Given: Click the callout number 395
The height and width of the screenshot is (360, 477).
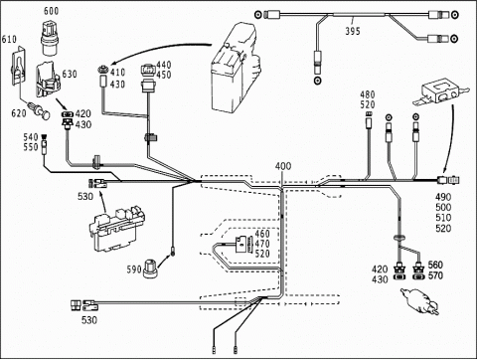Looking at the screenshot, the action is tap(353, 31).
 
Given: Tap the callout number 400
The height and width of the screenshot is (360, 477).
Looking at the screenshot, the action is tap(283, 166).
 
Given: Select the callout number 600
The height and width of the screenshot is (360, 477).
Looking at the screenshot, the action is tap(52, 11).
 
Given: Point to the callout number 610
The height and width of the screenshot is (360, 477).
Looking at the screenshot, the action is tap(9, 40).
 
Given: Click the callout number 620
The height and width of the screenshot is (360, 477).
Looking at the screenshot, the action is tap(19, 113).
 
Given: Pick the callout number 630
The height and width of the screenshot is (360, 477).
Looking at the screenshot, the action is tap(70, 74).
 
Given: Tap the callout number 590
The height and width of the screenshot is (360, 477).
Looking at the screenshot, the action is tap(134, 270).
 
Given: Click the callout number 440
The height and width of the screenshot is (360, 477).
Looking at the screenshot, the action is tap(164, 65).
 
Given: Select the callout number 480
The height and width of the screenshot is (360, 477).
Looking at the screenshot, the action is tap(368, 94).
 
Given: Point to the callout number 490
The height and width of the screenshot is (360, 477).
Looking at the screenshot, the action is tap(443, 197).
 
